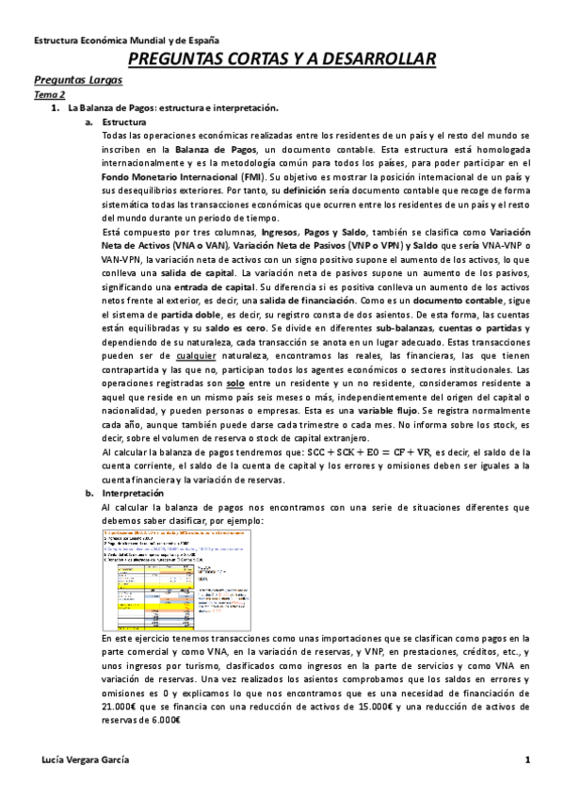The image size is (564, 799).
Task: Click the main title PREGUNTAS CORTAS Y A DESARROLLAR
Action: point(282,60)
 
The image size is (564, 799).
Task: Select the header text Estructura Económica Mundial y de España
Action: point(126,41)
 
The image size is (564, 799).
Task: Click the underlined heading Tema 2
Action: point(49,96)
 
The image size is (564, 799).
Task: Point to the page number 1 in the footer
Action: point(528,761)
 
